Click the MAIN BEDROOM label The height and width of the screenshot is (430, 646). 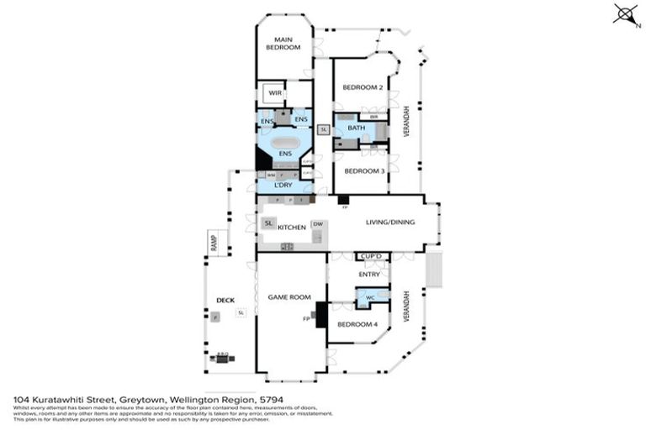tap(283, 43)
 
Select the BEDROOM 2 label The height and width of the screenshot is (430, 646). tap(363, 87)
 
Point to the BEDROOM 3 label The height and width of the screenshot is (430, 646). tap(363, 170)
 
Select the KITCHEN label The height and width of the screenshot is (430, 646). tap(290, 227)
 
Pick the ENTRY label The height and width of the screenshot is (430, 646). tap(369, 274)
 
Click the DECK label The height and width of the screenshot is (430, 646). tap(225, 300)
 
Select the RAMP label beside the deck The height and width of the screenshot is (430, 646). tap(214, 243)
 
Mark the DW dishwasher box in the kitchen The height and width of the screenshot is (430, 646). tap(317, 224)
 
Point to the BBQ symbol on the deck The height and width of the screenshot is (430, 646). tap(222, 358)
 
